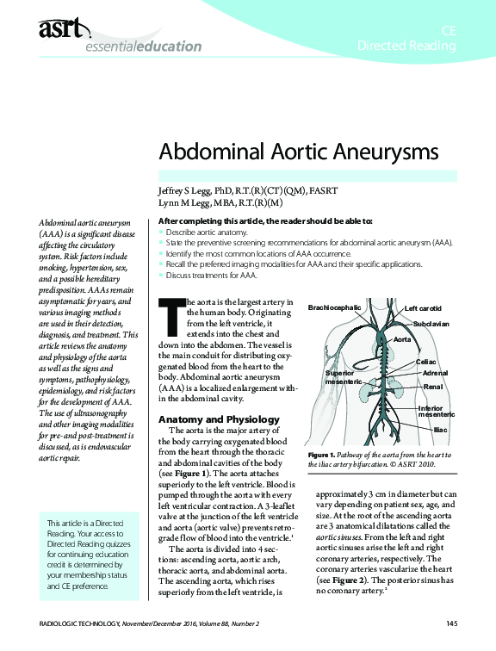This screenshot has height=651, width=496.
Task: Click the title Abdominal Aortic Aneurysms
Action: (x=299, y=152)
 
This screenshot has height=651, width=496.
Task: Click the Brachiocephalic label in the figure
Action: (x=334, y=307)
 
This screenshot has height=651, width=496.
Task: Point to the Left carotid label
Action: (x=423, y=307)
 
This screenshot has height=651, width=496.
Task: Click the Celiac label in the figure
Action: (x=427, y=363)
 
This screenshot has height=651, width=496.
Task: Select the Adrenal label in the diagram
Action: (x=436, y=374)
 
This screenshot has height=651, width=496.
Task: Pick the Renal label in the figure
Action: (x=432, y=387)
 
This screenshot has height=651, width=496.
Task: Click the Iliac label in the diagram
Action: (x=439, y=428)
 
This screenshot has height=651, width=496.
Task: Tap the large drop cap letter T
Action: (x=171, y=316)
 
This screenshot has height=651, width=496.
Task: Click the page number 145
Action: (x=451, y=623)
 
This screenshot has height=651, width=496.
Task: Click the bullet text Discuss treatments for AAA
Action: (x=208, y=276)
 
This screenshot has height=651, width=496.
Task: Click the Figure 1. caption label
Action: (x=322, y=454)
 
